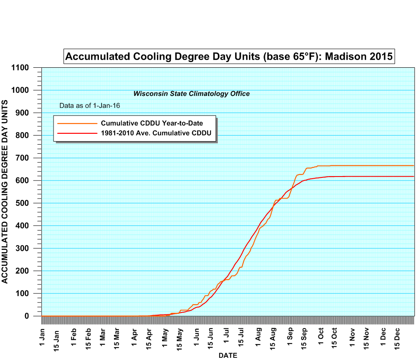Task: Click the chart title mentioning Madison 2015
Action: (229, 56)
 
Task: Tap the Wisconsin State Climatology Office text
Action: (191, 94)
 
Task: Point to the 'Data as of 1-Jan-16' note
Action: (89, 105)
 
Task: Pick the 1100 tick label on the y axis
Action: (20, 68)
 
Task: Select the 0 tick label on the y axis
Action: (27, 316)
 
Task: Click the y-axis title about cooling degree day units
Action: (5, 191)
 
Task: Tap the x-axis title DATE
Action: (228, 355)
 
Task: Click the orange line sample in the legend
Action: (76, 123)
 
